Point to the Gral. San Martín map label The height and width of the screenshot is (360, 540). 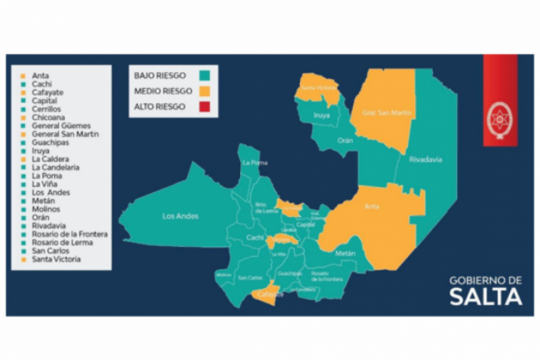click(380, 112)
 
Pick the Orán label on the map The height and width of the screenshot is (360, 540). click(345, 141)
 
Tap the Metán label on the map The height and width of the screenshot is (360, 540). click(346, 252)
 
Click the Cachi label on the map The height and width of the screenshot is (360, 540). click(255, 239)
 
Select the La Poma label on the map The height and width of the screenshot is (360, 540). click(253, 163)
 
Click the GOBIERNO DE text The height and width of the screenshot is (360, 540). click(486, 280)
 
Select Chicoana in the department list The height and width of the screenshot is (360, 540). click(52, 117)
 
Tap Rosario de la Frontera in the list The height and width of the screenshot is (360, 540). click(70, 234)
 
